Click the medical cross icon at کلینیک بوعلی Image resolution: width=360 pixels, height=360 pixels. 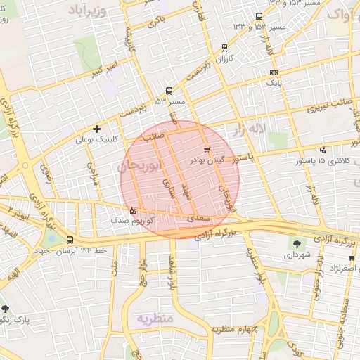[x=97, y=129]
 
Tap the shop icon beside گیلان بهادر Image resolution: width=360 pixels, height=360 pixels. [x=206, y=150]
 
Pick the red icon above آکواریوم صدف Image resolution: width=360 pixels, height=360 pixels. [x=133, y=210]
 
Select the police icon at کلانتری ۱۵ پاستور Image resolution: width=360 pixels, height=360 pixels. [x=322, y=150]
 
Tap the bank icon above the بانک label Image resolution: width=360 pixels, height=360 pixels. [x=274, y=72]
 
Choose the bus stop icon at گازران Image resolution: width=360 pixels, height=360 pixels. [x=224, y=48]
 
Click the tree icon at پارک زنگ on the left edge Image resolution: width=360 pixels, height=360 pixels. [x=6, y=309]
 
